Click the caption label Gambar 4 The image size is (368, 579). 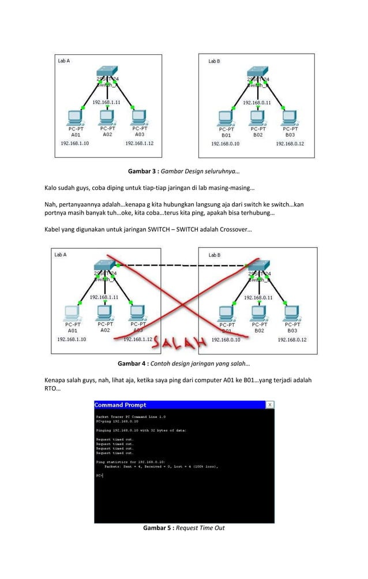click(133, 364)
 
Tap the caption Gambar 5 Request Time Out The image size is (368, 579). click(183, 528)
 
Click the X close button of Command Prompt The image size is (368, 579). click(269, 405)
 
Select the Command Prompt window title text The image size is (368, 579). click(121, 405)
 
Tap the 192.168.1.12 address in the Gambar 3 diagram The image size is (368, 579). click(139, 143)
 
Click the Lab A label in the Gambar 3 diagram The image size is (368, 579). click(63, 60)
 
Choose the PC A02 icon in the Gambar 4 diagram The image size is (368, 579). click(104, 312)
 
